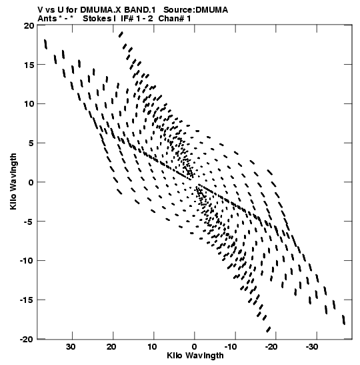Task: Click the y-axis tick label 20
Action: (29, 25)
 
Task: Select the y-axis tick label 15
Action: (29, 65)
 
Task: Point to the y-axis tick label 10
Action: (29, 104)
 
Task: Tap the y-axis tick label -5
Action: (28, 222)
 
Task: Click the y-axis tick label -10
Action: (26, 261)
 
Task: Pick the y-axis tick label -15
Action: (26, 300)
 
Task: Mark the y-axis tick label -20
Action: (26, 340)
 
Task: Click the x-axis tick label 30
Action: (71, 347)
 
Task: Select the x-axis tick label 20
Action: (111, 347)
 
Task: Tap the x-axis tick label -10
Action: (231, 347)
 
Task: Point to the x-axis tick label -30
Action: (311, 347)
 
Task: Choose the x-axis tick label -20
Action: (271, 347)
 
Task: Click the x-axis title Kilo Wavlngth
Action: (195, 356)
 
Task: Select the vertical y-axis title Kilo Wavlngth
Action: (13, 181)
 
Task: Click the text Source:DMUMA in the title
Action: (195, 10)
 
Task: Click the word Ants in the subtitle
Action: (47, 19)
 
